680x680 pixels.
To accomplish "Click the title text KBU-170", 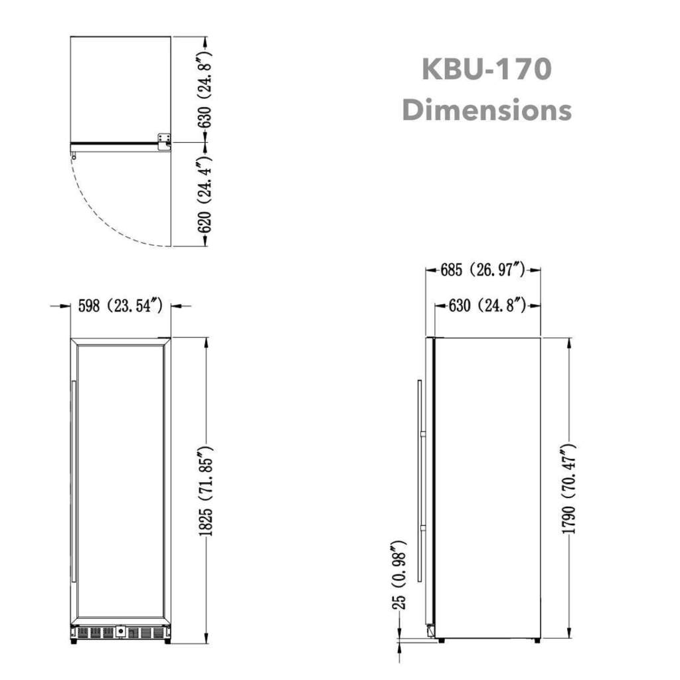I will [x=486, y=69].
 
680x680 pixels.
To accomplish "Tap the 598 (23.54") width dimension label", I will [x=120, y=306].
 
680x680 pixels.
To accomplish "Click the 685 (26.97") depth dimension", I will [x=483, y=270].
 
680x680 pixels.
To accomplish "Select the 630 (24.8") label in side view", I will [x=488, y=305].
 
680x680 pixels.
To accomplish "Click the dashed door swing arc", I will [x=106, y=219].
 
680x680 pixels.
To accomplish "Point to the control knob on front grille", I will [x=121, y=632].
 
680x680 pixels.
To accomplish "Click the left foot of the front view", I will [x=72, y=641].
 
